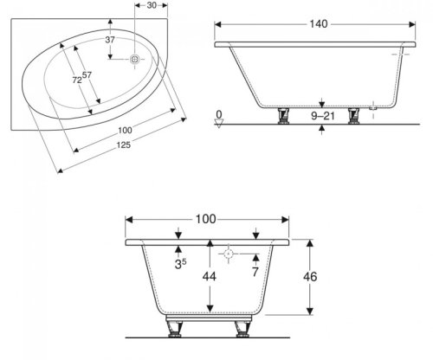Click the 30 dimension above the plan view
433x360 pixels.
[x=152, y=7]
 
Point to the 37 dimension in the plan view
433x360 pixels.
[x=109, y=40]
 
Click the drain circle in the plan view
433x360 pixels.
[x=135, y=60]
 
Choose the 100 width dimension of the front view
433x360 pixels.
[x=205, y=219]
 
